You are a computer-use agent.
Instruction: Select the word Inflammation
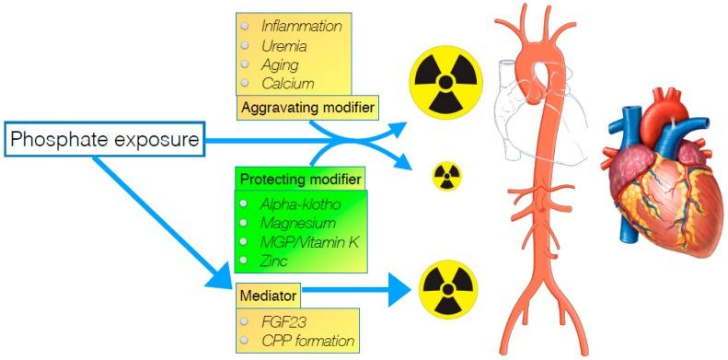[x=301, y=27]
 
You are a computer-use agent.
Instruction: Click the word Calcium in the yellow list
[x=287, y=84]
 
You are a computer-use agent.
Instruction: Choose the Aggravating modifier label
[x=307, y=108]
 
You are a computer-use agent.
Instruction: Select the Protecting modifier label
[x=300, y=178]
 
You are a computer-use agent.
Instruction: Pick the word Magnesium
[x=296, y=223]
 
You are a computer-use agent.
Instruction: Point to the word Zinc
[x=274, y=261]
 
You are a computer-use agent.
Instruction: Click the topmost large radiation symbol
[x=444, y=79]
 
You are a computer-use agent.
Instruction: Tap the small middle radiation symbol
[x=447, y=175]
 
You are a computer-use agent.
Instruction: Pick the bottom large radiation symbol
[x=448, y=288]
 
